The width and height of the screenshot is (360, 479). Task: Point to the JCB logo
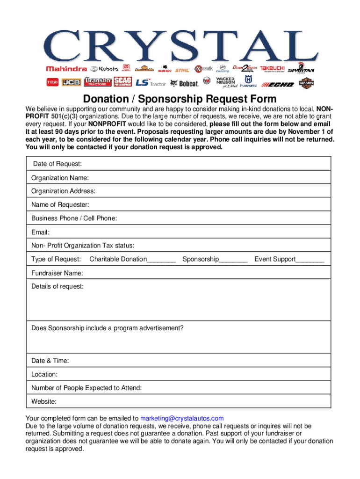(x=72, y=83)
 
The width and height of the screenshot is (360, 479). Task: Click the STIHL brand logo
(x=182, y=70)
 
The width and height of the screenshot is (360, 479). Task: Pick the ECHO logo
(x=277, y=84)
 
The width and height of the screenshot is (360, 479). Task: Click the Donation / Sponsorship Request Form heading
(x=180, y=99)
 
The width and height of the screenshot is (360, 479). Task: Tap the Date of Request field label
(x=58, y=164)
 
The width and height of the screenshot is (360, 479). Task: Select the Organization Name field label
(x=60, y=178)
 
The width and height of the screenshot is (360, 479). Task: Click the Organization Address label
(x=63, y=191)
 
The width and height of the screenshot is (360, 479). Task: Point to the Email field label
(x=40, y=232)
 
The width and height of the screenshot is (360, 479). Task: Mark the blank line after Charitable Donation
(x=161, y=260)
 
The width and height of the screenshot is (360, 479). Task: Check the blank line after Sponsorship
(x=233, y=260)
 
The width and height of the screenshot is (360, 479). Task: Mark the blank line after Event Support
(x=310, y=260)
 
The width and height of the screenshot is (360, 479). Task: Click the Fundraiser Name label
(x=57, y=273)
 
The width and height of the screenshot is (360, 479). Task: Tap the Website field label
(x=44, y=401)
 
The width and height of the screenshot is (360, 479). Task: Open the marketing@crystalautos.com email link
(x=182, y=418)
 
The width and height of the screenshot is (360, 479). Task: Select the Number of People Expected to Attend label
(x=86, y=388)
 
